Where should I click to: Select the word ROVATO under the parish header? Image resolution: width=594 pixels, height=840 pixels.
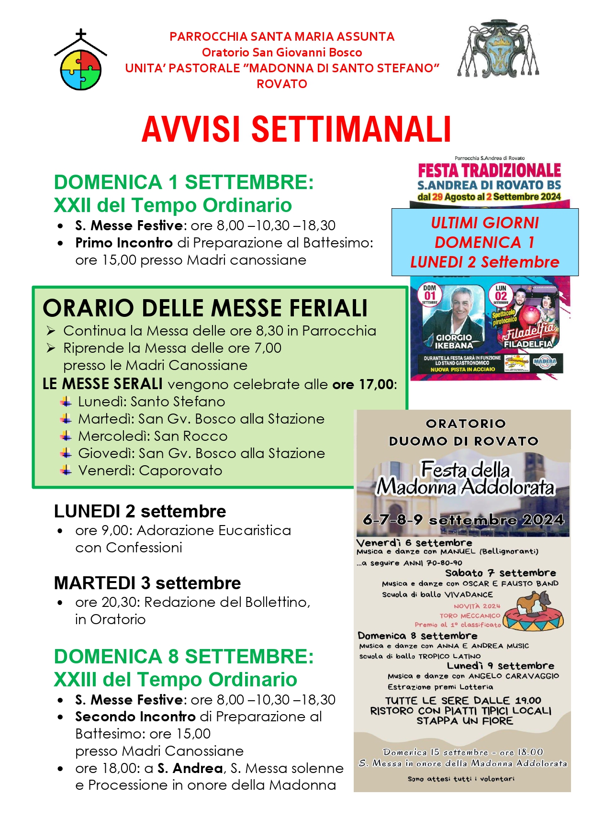(x=282, y=84)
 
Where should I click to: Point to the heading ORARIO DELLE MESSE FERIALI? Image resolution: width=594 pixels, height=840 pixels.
(x=205, y=308)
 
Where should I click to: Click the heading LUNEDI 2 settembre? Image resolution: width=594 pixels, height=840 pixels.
(x=140, y=511)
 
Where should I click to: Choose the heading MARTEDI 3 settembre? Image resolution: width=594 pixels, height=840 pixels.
(x=147, y=583)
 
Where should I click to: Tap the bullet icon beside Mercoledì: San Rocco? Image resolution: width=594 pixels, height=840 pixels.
(x=66, y=436)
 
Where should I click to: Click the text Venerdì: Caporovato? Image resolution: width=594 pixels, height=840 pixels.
(x=150, y=470)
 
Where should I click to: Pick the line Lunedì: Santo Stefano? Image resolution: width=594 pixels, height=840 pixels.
(x=151, y=402)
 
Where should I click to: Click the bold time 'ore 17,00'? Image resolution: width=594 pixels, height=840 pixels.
(x=363, y=384)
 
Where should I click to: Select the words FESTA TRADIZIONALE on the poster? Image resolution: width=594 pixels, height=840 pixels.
(x=489, y=170)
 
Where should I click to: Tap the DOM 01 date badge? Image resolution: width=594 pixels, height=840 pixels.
(x=429, y=294)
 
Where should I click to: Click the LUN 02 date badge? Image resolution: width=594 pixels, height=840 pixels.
(x=501, y=294)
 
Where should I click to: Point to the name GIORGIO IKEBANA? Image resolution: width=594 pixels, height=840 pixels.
(x=454, y=341)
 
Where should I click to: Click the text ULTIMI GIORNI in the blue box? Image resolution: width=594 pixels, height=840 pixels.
(x=485, y=223)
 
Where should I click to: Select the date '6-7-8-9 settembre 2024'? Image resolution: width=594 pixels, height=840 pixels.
(x=463, y=520)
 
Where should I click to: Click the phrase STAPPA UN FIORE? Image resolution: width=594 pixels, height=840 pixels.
(x=464, y=721)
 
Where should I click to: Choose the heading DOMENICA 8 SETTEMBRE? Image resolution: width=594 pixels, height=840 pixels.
(x=184, y=657)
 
